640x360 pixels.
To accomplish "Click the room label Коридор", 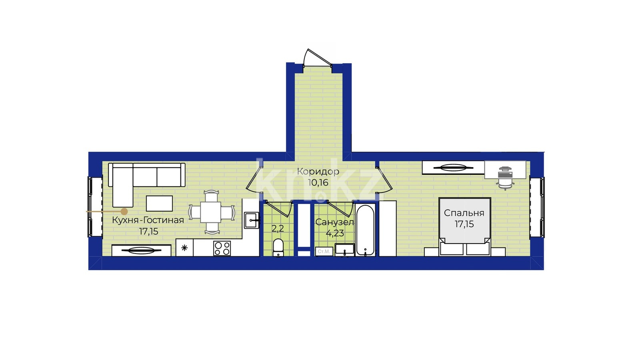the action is [x=318, y=172].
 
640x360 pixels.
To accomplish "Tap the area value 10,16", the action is [x=318, y=182].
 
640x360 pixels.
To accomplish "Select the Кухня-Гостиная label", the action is [x=148, y=220].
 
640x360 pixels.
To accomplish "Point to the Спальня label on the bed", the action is [x=464, y=213].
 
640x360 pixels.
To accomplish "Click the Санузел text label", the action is [x=334, y=222].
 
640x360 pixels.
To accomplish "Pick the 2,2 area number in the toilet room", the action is [x=278, y=228].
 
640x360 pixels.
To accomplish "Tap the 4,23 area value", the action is [x=335, y=233].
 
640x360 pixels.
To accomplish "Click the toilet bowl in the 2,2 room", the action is [x=278, y=248].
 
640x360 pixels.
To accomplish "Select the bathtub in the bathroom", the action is [x=365, y=230].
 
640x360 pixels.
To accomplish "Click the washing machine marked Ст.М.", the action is [x=324, y=252].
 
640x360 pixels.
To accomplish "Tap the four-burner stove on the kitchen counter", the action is [x=222, y=248].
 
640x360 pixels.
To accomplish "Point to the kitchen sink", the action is [x=252, y=220].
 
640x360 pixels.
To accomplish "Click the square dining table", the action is [x=210, y=212].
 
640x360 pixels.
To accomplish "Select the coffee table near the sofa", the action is [x=159, y=204].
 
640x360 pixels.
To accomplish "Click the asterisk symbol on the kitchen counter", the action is [x=184, y=248].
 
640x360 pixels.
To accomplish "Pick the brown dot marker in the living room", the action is [x=124, y=212].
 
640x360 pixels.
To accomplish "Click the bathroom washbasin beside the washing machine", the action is [x=344, y=250].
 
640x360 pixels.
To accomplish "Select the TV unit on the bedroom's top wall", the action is [x=453, y=168].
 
